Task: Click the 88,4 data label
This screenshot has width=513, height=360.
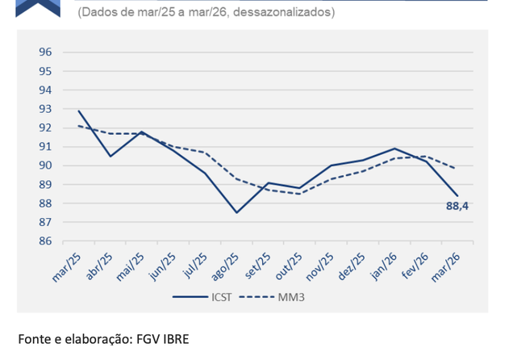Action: (457, 207)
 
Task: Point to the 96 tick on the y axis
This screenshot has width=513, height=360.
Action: (45, 52)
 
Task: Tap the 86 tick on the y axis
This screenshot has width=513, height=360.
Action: (45, 241)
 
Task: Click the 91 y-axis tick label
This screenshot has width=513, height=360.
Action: (45, 147)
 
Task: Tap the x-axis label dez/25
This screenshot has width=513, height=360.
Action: (351, 263)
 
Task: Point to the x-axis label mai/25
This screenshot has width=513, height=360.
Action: (130, 263)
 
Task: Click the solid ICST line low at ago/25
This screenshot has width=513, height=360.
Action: (236, 212)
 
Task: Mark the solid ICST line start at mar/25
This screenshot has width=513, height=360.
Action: (79, 111)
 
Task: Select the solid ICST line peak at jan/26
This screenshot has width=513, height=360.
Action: (394, 149)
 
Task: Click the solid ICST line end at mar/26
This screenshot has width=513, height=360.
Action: (457, 195)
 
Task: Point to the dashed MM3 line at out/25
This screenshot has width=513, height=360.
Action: (299, 194)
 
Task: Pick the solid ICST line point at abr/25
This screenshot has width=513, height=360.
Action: (111, 156)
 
